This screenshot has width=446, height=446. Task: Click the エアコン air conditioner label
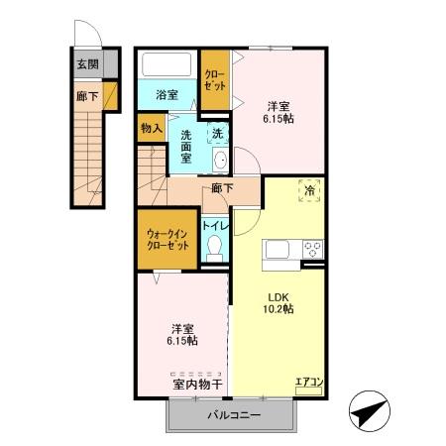point(309,381)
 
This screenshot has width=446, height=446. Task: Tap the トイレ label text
point(216,226)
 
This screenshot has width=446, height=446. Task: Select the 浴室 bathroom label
point(167,95)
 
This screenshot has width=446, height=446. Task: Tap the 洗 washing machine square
point(218,132)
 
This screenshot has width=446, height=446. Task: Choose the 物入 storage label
point(151,128)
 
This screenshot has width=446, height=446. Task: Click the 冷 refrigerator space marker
point(310,190)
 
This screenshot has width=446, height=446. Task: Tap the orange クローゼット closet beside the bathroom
point(214,79)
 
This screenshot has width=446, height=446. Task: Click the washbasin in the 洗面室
point(220,162)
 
